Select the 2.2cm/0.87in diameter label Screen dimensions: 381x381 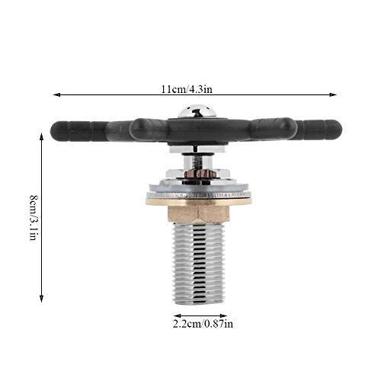point(200,323)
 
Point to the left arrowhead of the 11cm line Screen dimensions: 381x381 point(56,94)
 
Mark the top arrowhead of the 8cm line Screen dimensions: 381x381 point(42,135)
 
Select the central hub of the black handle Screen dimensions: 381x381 point(197,131)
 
